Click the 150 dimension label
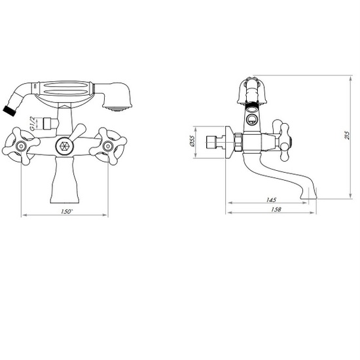click(67, 211)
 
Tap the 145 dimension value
click(271, 200)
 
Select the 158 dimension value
click(276, 209)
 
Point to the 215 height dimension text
click(347, 135)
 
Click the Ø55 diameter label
click(192, 141)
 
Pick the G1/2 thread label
click(33, 123)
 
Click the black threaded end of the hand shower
click(9, 111)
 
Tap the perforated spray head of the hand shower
click(117, 108)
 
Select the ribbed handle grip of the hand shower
click(65, 88)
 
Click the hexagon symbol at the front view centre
click(64, 146)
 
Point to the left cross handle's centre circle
click(21, 145)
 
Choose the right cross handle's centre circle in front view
click(107, 145)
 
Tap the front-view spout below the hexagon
click(65, 180)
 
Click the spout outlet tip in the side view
click(308, 196)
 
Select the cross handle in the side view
click(282, 140)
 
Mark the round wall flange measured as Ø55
click(230, 142)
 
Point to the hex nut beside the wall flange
click(238, 142)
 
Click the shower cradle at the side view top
click(253, 91)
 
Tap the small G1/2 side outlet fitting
click(47, 124)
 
